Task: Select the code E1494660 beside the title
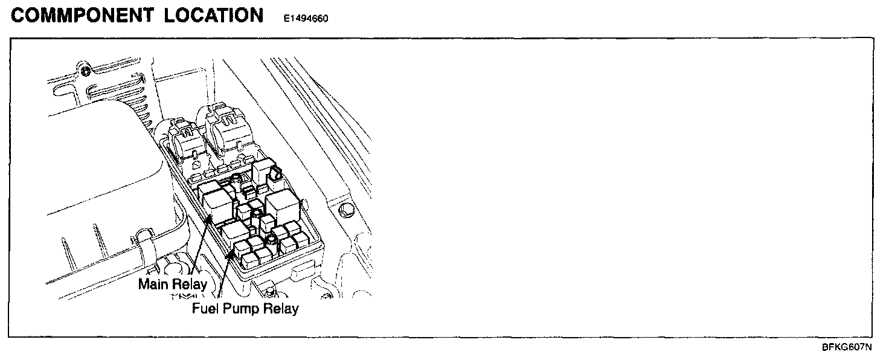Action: pyautogui.click(x=306, y=18)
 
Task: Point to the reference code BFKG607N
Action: pyautogui.click(x=847, y=347)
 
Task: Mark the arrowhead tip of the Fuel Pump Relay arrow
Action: pyautogui.click(x=231, y=253)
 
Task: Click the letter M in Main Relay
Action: pyautogui.click(x=144, y=284)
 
